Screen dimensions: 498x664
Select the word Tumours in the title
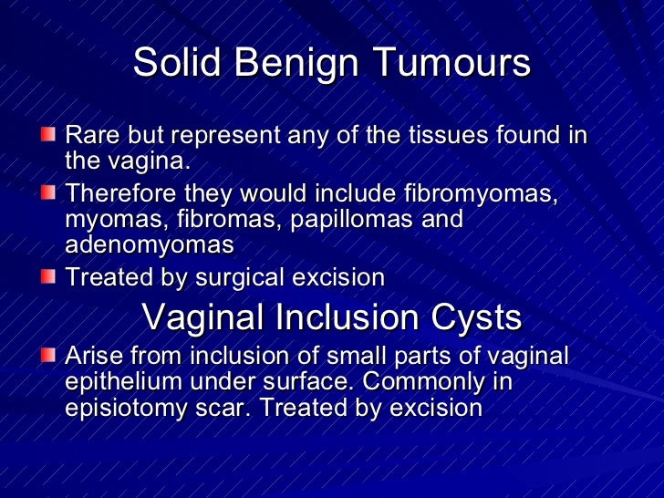454,65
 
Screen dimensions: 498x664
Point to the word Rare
92,137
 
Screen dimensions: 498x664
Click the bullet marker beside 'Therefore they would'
47,195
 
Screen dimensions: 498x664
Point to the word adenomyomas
149,245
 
